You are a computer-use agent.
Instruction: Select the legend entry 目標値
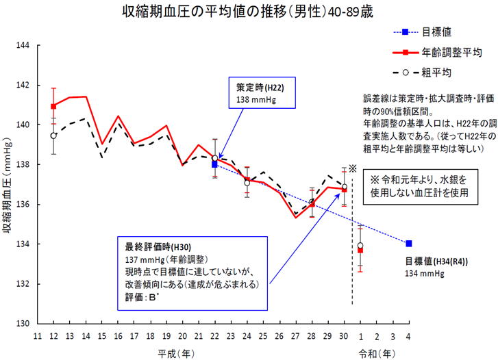coord(437,32)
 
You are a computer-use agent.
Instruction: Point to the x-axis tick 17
coord(134,336)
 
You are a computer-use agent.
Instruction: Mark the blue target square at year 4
coord(409,244)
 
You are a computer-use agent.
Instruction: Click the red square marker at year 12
coord(53,106)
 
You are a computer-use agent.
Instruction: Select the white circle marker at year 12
coord(53,136)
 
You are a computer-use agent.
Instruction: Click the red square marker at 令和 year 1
coord(360,250)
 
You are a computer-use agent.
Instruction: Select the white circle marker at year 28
coord(312,202)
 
